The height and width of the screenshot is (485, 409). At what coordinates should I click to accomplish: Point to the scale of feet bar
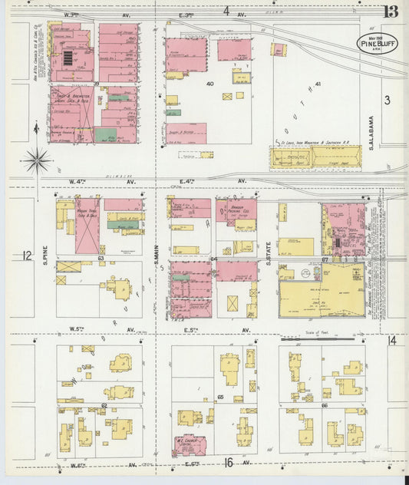(x=317, y=336)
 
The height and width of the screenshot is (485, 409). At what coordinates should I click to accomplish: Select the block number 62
(x=103, y=404)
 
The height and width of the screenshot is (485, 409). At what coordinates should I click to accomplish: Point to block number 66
(x=324, y=404)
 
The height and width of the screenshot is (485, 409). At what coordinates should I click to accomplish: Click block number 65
(x=220, y=397)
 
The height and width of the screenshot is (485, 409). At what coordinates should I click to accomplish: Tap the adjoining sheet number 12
(x=28, y=256)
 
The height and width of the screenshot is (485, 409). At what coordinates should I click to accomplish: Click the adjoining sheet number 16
(x=228, y=462)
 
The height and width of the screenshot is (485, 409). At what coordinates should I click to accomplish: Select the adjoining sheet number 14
(x=392, y=340)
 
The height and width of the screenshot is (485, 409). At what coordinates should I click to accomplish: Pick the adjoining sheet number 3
(x=388, y=100)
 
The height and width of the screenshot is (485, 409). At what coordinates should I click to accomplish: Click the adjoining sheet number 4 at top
(x=226, y=11)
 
